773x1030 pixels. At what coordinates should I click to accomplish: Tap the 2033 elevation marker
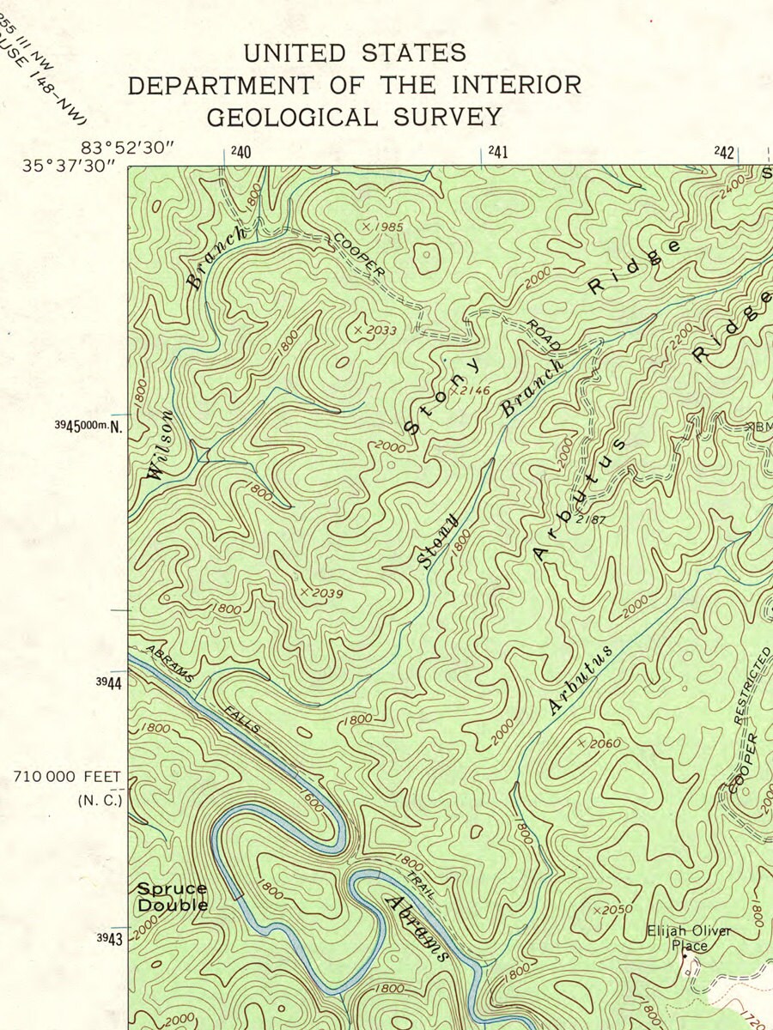(x=379, y=330)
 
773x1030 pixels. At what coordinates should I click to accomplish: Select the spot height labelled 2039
(x=325, y=593)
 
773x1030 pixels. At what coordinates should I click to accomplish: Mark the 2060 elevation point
(x=601, y=743)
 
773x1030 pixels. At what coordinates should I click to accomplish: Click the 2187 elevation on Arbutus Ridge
(x=591, y=519)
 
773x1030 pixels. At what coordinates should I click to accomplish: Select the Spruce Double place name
(x=173, y=897)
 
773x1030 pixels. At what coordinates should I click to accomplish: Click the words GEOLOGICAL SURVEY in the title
(x=354, y=117)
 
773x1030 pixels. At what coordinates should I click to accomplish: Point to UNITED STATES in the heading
(x=355, y=53)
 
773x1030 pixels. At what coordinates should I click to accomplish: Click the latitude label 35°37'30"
(x=69, y=165)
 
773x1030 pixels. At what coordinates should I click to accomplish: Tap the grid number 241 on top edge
(x=498, y=153)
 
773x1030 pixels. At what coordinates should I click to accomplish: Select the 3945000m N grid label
(x=89, y=426)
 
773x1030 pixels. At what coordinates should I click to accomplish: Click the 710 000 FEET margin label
(x=67, y=777)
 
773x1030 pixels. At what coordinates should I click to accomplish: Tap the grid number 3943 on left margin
(x=109, y=938)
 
